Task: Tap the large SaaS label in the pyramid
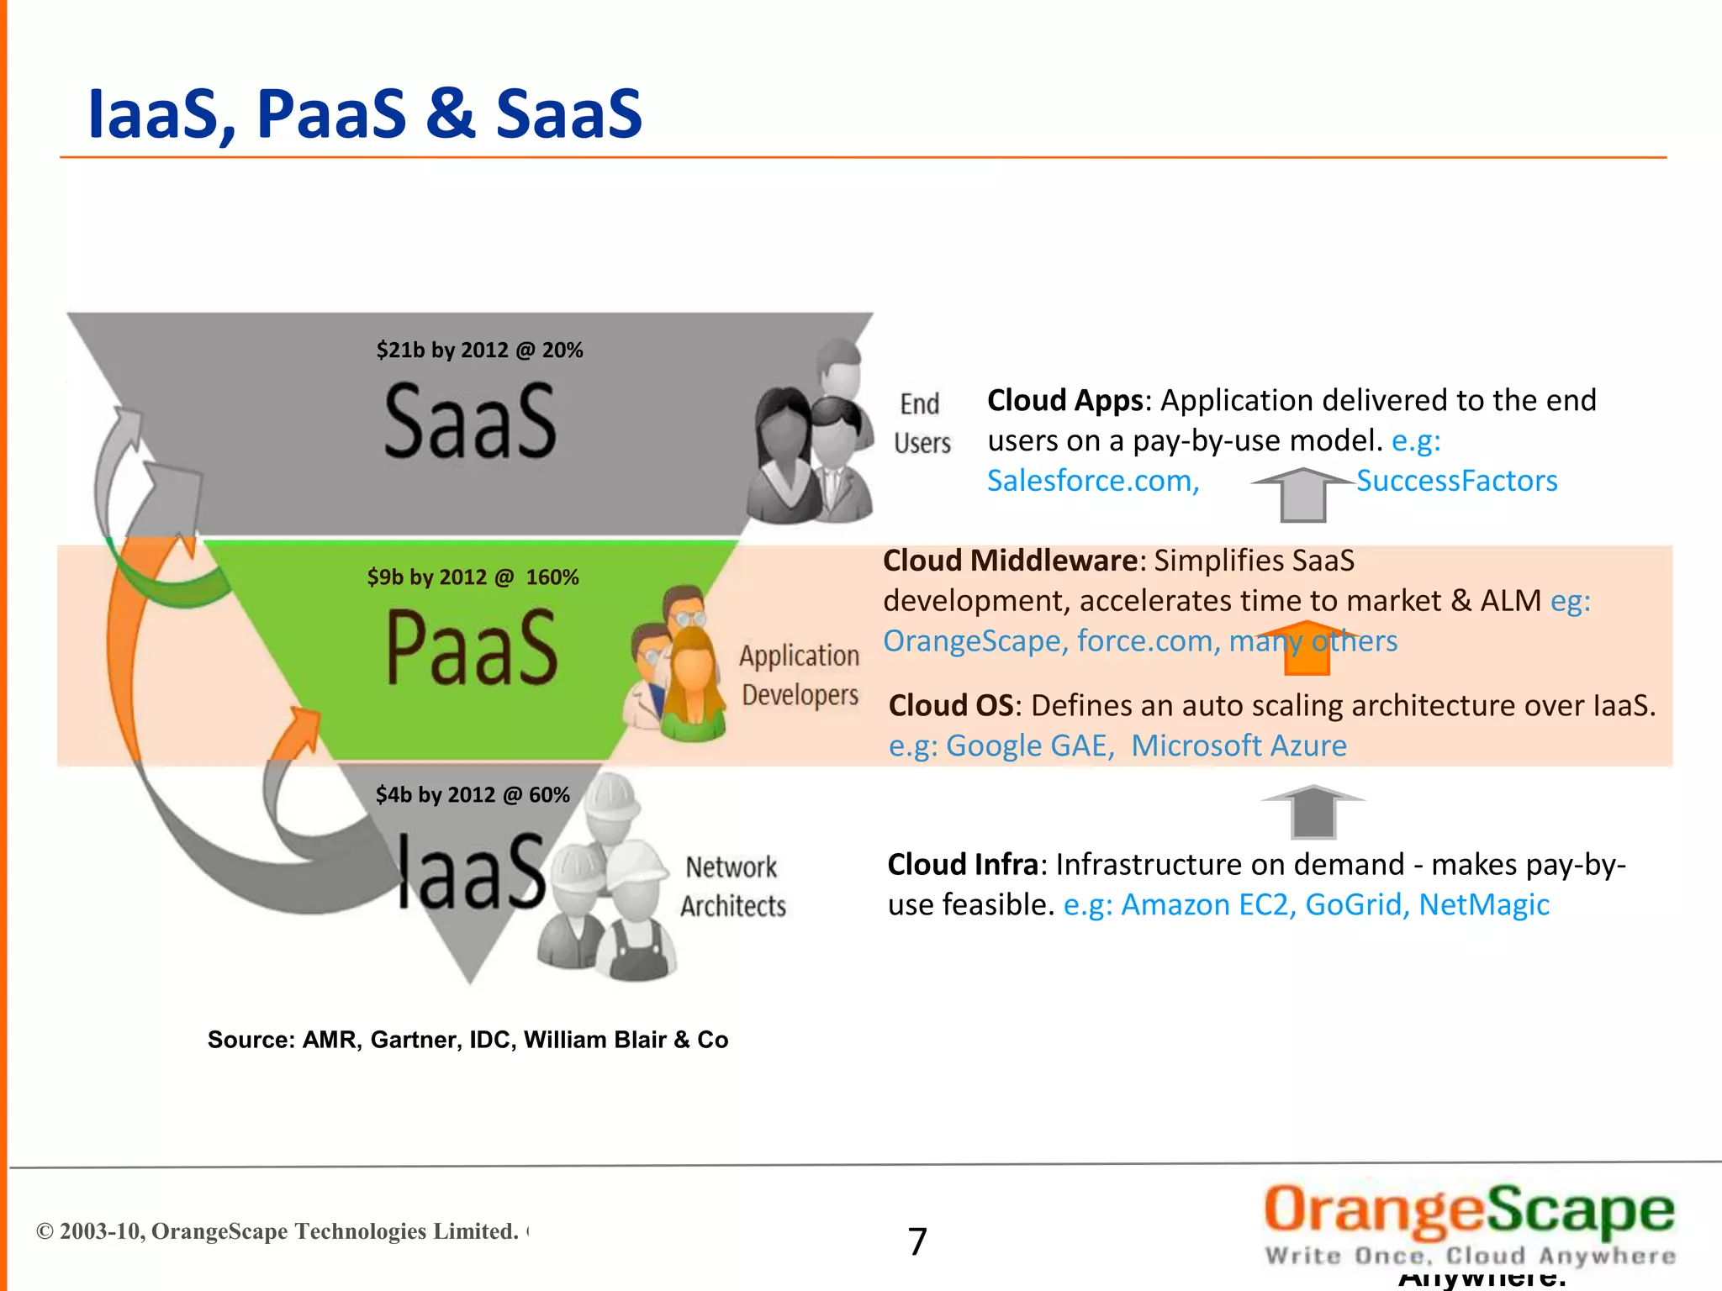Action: tap(470, 420)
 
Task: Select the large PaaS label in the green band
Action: tap(472, 647)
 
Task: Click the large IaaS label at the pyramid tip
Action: tap(472, 872)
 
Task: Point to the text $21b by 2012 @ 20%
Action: tap(479, 350)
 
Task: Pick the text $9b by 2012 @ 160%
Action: tap(473, 577)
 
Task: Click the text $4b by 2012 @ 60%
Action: tap(473, 794)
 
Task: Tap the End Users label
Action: tap(922, 423)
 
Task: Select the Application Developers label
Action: tap(800, 675)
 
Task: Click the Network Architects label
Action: tap(733, 886)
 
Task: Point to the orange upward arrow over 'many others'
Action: tap(1307, 648)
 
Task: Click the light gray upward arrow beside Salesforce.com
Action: tap(1302, 495)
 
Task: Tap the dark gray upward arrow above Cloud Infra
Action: tap(1313, 811)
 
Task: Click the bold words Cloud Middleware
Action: tap(1010, 561)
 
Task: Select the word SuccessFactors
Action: tap(1456, 481)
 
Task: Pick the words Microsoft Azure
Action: tap(1238, 746)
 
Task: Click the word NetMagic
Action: tap(1483, 904)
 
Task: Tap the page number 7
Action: tap(917, 1241)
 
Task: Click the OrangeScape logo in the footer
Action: tap(1469, 1223)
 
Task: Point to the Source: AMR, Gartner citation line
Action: tap(467, 1040)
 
